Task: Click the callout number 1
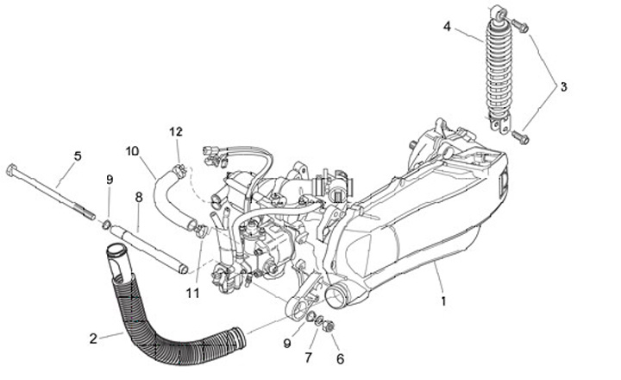tap(444, 302)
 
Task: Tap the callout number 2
tap(93, 338)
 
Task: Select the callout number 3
tap(563, 86)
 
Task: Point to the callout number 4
tap(447, 27)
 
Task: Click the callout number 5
tap(78, 156)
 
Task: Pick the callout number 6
tap(339, 358)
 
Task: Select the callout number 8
tap(138, 197)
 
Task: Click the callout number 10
tap(132, 150)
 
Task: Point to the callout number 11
tap(192, 293)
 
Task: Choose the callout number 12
tap(176, 132)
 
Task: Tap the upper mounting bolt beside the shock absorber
tap(520, 26)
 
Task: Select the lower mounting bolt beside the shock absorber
tap(520, 136)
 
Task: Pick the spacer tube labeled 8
tap(151, 250)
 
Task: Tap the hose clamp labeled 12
tap(178, 169)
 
